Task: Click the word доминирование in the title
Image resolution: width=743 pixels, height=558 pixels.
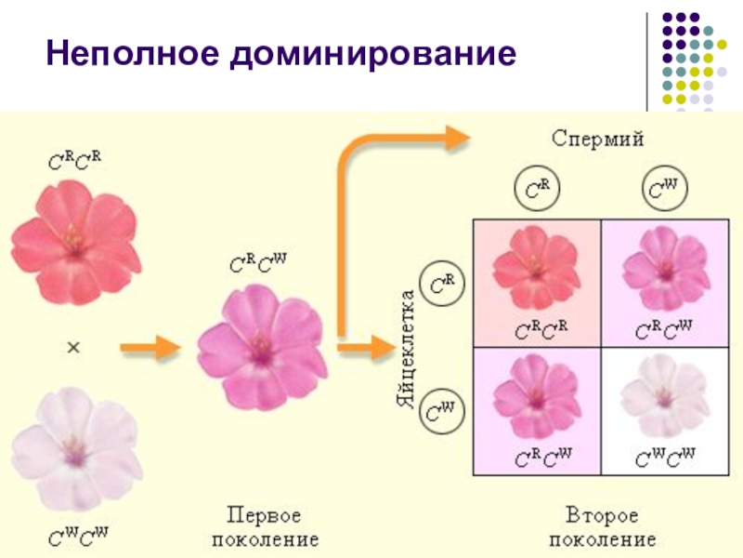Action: pyautogui.click(x=371, y=55)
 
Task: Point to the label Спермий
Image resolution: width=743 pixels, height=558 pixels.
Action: pyautogui.click(x=598, y=138)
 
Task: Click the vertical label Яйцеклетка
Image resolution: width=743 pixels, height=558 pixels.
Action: pyautogui.click(x=402, y=349)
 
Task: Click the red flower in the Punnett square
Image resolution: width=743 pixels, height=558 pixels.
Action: pyautogui.click(x=536, y=271)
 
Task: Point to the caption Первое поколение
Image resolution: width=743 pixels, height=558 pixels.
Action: pyautogui.click(x=272, y=526)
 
